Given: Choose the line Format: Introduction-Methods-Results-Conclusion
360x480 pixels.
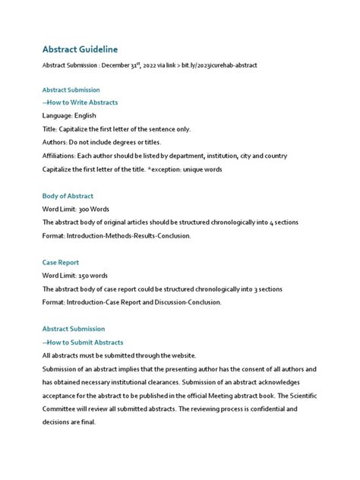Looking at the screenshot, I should [x=116, y=236].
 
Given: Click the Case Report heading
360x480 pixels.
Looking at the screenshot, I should [x=61, y=262].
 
